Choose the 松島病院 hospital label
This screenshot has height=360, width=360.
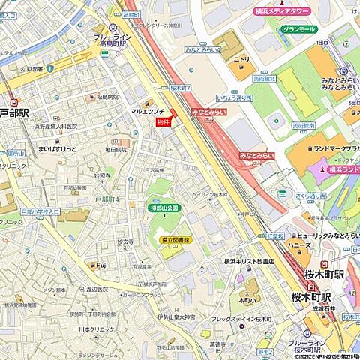[107, 97]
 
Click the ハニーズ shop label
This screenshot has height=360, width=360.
[298, 244]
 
